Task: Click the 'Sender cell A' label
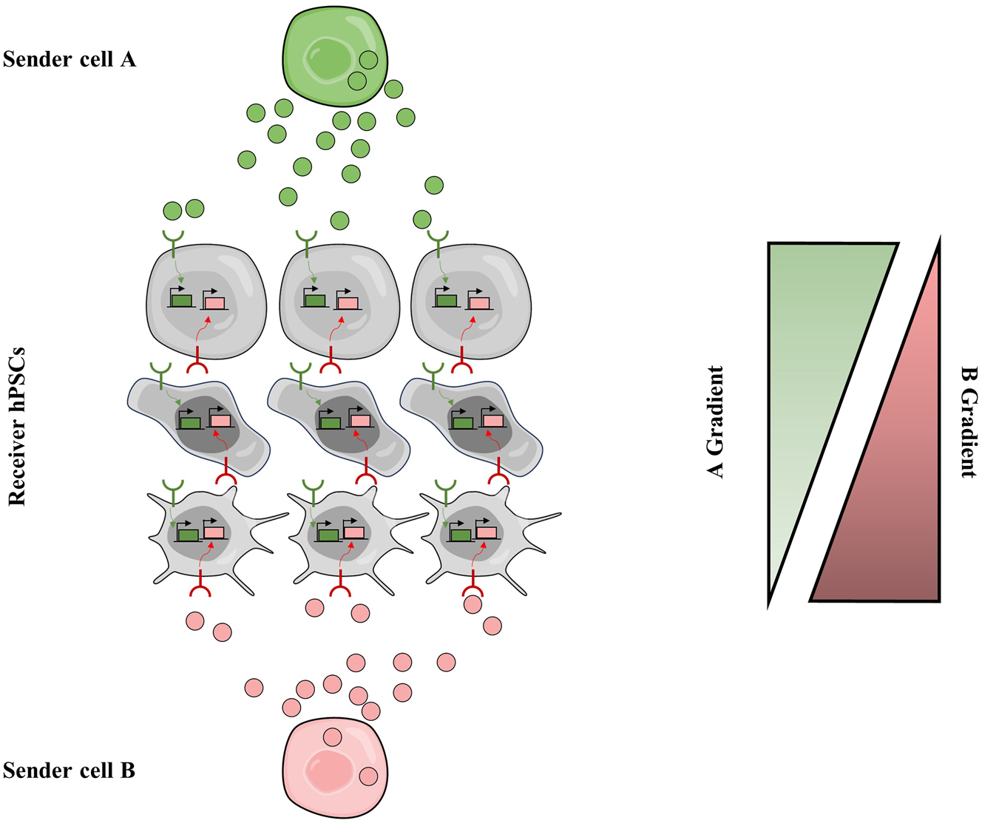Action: [x=70, y=59]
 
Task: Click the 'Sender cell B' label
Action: [x=69, y=770]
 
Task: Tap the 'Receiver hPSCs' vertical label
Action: [x=17, y=427]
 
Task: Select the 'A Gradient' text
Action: [x=715, y=421]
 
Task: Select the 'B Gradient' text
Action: [x=968, y=421]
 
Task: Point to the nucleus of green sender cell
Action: [x=330, y=60]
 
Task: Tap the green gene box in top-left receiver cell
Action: [x=181, y=300]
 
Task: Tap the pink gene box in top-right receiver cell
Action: [x=478, y=302]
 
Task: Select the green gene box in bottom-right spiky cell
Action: [x=461, y=535]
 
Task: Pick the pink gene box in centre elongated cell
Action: [x=360, y=421]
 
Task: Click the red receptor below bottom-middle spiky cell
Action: [x=339, y=589]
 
